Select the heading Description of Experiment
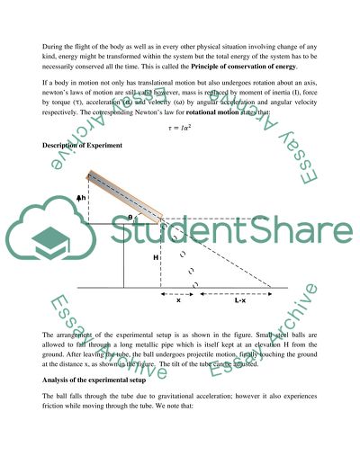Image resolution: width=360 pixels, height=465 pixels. [x=80, y=145]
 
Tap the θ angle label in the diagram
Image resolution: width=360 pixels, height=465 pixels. [x=155, y=218]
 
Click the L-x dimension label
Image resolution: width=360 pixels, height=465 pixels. [x=241, y=301]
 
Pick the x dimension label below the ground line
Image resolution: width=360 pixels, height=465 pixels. [x=178, y=301]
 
